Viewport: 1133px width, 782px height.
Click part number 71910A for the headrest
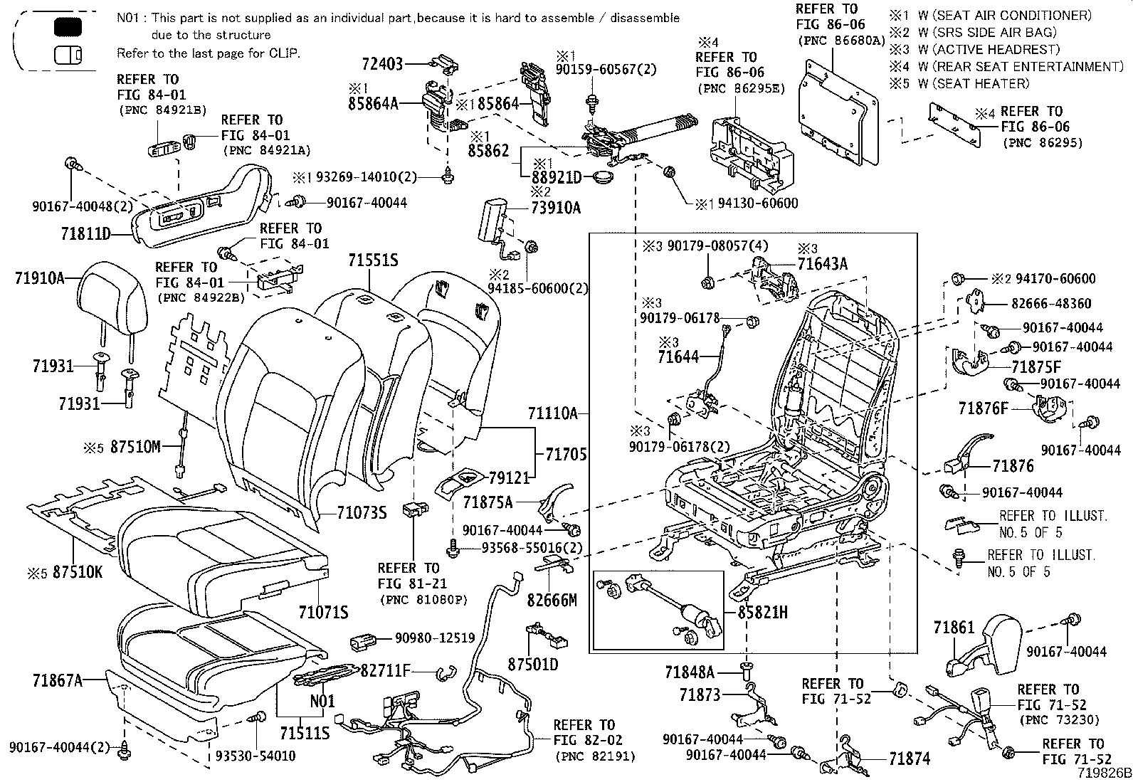39,278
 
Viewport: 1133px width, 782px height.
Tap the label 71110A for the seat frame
553,413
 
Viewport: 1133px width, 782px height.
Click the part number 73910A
555,208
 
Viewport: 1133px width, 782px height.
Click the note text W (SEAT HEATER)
973,83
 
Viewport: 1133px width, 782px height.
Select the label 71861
954,628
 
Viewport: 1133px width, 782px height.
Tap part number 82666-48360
1050,304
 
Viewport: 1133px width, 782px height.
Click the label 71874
910,759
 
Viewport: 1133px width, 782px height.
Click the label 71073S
362,512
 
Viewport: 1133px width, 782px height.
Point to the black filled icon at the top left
68,28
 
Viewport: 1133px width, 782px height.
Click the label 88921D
557,176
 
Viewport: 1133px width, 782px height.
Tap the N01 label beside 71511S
322,701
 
